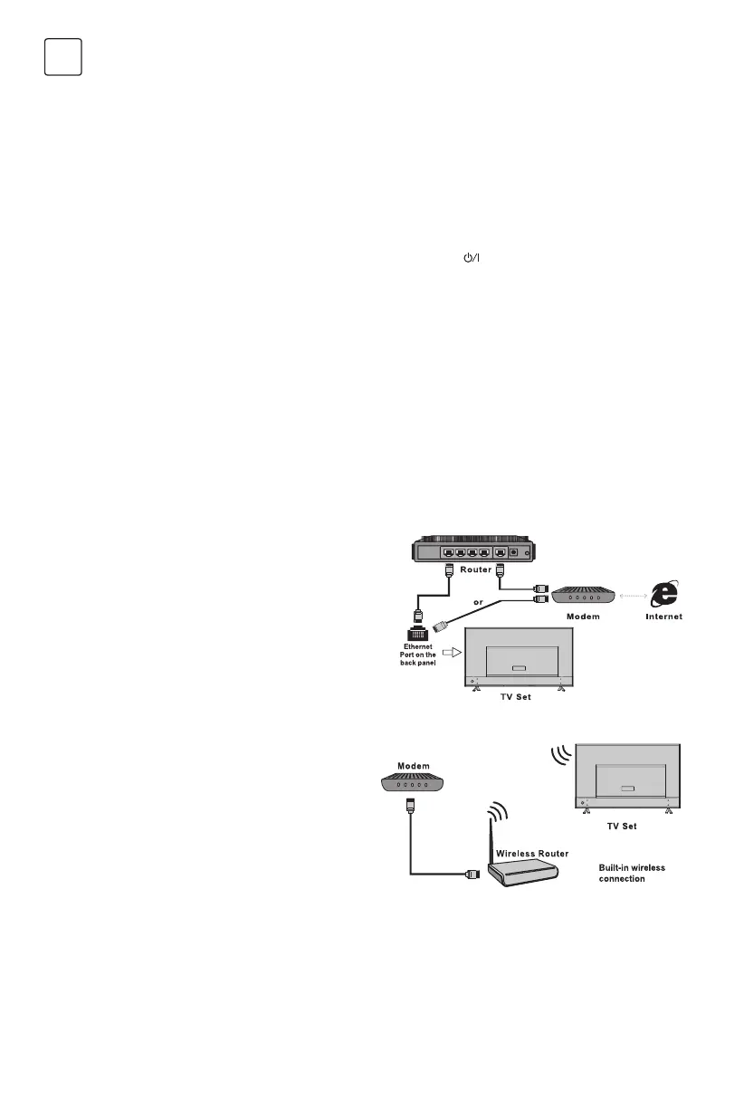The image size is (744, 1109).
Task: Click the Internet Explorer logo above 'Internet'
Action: click(666, 594)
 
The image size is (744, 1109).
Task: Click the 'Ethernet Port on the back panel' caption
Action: click(419, 655)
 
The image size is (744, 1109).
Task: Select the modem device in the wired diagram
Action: click(583, 597)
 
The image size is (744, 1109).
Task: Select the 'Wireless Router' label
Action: click(531, 854)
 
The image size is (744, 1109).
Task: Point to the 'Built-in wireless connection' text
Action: click(632, 873)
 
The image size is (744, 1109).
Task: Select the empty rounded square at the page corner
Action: click(63, 57)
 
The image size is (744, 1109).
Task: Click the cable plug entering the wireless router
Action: click(472, 874)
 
